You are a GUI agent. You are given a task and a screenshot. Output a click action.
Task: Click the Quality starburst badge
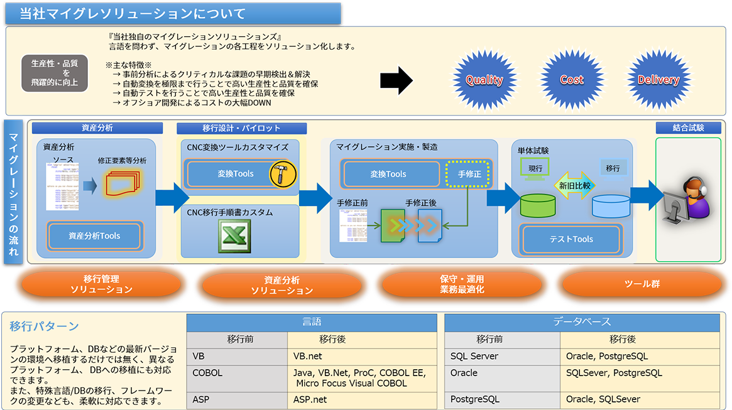(484, 80)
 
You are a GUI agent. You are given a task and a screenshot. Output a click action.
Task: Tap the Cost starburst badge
(571, 80)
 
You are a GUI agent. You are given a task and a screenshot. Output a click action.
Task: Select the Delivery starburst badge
(658, 80)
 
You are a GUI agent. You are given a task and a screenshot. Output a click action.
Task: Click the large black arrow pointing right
(396, 80)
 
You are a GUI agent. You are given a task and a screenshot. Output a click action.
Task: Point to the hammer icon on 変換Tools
(282, 174)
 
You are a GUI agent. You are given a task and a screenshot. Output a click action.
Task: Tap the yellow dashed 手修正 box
(468, 174)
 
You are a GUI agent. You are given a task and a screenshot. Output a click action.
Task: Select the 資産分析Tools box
(94, 236)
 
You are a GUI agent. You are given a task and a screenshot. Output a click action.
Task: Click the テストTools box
(571, 239)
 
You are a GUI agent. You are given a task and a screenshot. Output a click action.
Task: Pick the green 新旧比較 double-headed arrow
(574, 185)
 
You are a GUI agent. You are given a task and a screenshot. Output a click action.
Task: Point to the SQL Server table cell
(502, 356)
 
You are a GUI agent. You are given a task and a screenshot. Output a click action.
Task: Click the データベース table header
(582, 322)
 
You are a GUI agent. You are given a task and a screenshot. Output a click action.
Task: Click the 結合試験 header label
(688, 127)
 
